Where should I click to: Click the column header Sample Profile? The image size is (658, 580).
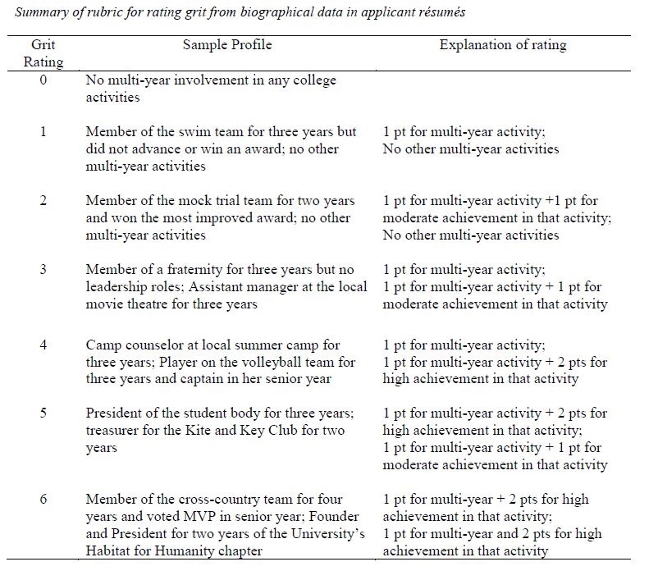click(226, 45)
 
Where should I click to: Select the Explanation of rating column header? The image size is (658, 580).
click(502, 45)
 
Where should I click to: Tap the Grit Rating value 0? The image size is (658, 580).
click(43, 81)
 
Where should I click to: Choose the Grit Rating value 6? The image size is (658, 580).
click(43, 499)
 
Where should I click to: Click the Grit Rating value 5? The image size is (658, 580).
click(43, 413)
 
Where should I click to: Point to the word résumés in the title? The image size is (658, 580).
click(443, 14)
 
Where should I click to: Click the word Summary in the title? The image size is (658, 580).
click(37, 14)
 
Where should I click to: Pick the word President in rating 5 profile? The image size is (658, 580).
click(113, 413)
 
